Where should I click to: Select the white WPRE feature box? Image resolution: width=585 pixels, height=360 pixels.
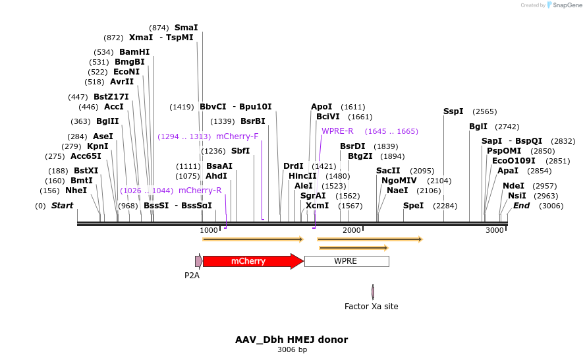coord(346,261)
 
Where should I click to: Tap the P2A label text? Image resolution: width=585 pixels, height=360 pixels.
coord(192,275)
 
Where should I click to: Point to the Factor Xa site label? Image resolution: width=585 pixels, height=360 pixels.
coord(371,307)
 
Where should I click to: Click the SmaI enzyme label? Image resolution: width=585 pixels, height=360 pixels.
coord(186,28)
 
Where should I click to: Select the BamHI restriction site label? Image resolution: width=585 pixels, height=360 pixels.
coord(134,52)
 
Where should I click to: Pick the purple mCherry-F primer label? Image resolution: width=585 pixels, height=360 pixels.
coord(237,136)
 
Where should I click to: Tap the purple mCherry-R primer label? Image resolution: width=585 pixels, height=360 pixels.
coord(200,191)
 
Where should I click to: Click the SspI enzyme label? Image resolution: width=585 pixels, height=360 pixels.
coord(453,111)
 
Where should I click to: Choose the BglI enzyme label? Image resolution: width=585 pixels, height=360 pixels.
coord(478,127)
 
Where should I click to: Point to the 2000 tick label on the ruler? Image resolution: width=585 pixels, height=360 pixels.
coord(351,230)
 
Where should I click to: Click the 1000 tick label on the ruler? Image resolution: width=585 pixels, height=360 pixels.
coord(208,230)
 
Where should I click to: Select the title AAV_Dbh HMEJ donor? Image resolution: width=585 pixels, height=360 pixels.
coord(291,340)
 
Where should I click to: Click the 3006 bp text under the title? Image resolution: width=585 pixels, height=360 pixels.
coord(292,349)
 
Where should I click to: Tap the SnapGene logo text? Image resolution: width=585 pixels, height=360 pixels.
coord(567,5)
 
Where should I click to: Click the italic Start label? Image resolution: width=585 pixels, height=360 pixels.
coord(62,206)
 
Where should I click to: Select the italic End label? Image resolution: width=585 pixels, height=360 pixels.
coord(521,206)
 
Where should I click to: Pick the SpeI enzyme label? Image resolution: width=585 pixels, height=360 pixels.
coord(414,206)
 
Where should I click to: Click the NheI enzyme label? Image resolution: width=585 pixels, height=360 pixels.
coord(76,191)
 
